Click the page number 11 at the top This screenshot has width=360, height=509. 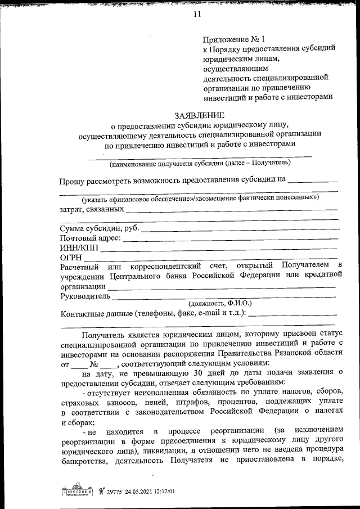[x=196, y=15]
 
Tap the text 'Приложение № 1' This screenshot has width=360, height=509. [x=233, y=39]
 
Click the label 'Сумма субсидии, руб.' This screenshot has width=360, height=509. [x=99, y=229]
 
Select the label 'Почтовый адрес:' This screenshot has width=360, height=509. [x=90, y=238]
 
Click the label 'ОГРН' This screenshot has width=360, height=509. [x=71, y=258]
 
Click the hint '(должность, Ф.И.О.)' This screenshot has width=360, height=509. [x=220, y=303]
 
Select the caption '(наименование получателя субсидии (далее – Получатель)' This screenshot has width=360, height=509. [x=200, y=163]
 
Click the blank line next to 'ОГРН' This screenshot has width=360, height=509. [x=210, y=259]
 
